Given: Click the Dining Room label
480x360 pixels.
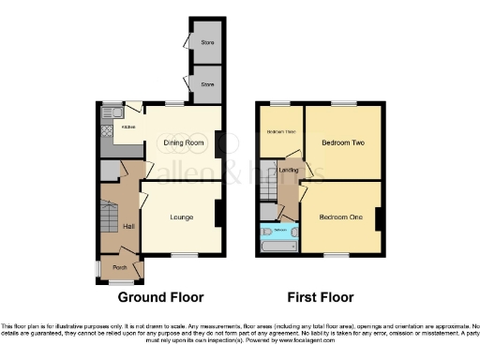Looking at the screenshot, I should tap(184, 142).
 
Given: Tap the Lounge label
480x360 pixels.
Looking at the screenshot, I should tap(181, 217).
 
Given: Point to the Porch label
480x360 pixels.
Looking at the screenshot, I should tap(120, 267).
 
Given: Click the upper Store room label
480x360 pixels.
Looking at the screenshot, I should tap(207, 42).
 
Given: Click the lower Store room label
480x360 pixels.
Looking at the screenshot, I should tap(207, 84).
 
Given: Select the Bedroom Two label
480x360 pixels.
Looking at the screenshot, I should tap(342, 143).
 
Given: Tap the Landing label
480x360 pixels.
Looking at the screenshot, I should tap(289, 170).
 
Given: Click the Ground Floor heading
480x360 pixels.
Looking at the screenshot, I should tap(160, 297).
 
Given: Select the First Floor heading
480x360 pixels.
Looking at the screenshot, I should tap(320, 297).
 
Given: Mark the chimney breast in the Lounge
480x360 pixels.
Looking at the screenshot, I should tap(219, 214).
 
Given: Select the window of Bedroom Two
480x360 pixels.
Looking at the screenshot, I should tap(344, 102).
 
